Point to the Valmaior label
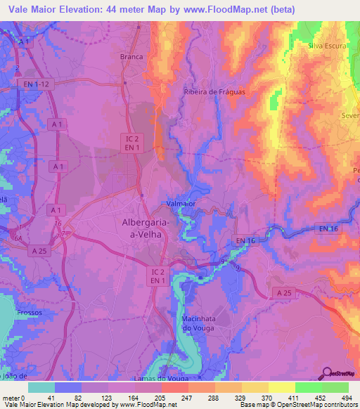click(181, 204)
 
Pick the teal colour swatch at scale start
click(41, 387)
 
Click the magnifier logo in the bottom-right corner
click(327, 374)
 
